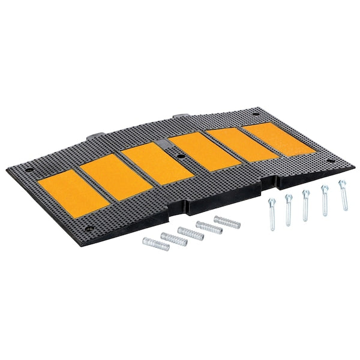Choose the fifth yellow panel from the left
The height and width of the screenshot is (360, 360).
(240, 142)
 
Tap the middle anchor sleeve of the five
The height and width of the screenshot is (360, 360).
(191, 232)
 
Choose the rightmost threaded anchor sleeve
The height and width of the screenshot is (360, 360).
(227, 223)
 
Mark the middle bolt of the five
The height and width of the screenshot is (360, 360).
(307, 205)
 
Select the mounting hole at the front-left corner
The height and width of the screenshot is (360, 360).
(89, 228)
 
